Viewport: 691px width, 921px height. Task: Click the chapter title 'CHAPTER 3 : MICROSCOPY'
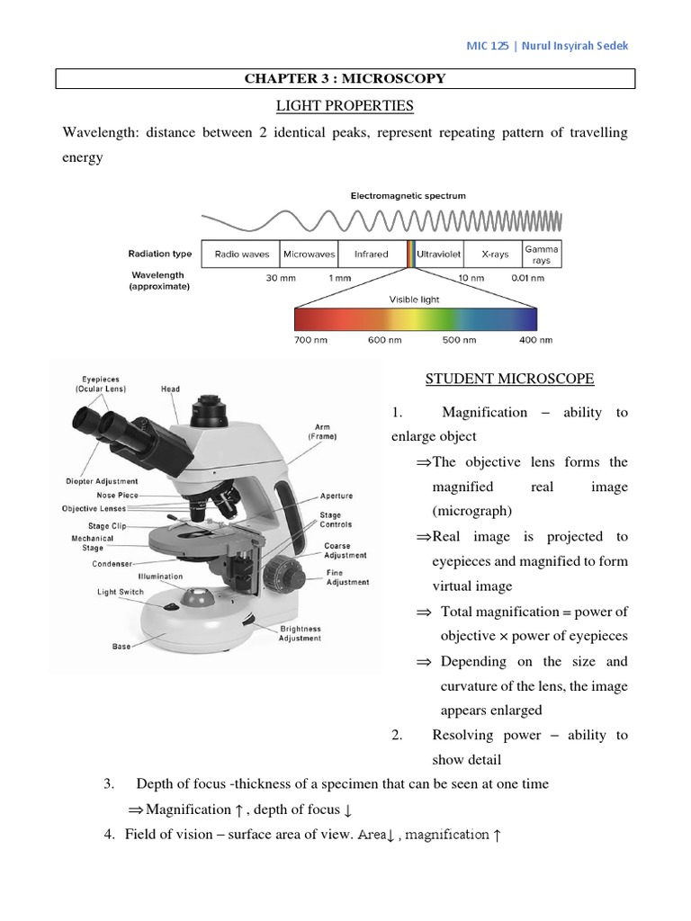[345, 79]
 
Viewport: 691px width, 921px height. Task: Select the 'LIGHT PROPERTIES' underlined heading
[345, 106]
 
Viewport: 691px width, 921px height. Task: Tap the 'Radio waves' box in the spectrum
[240, 255]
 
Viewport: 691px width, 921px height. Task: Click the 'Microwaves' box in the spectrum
[309, 255]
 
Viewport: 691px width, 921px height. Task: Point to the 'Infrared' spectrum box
[372, 255]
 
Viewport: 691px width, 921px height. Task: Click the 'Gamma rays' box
[542, 255]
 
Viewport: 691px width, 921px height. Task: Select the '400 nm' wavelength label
[536, 341]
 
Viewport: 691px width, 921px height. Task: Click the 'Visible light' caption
[414, 299]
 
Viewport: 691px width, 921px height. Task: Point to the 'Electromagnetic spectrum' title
[408, 195]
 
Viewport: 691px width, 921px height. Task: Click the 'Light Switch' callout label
[121, 593]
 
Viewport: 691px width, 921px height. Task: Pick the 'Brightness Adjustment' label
[301, 633]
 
